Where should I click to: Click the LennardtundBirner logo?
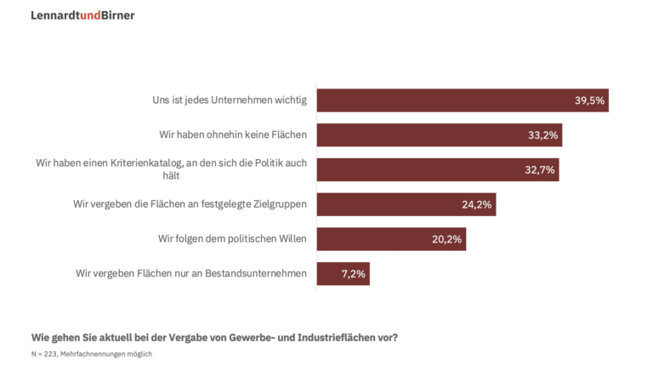tap(82, 15)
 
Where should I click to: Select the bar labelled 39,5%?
tap(462, 100)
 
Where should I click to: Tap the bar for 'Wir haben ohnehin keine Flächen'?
tap(439, 135)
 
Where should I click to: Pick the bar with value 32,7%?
tap(437, 169)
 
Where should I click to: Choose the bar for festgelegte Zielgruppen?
tap(406, 204)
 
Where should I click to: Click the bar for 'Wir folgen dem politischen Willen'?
tap(391, 239)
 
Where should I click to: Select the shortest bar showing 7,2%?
tap(343, 273)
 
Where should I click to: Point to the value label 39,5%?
tap(589, 100)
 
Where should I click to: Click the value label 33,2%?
tap(542, 135)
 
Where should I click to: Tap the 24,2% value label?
tap(476, 204)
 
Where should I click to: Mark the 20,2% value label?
tap(446, 239)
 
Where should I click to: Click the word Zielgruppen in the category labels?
tap(279, 204)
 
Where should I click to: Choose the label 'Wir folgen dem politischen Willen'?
tap(232, 239)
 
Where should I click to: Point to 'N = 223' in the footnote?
tap(43, 353)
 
